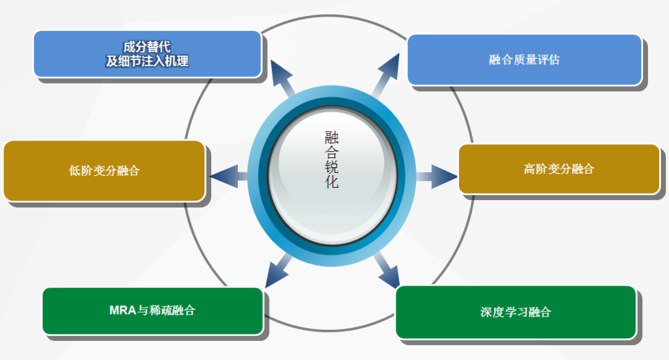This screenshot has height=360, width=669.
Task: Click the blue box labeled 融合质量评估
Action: (x=524, y=59)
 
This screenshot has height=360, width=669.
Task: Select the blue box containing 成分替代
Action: (x=147, y=54)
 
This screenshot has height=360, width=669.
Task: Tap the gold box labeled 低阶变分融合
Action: (x=104, y=171)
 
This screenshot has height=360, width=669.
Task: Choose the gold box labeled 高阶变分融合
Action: (x=559, y=169)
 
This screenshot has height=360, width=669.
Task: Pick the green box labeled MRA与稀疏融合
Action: (x=152, y=310)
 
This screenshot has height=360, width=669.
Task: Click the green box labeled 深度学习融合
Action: (x=515, y=312)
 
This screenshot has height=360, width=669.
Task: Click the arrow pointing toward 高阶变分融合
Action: (x=437, y=177)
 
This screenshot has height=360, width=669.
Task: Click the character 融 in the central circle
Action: (x=332, y=137)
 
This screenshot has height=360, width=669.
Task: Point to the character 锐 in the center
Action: (x=332, y=168)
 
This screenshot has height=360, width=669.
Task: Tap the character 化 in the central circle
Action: (x=332, y=183)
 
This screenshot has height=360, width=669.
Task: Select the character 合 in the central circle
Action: (x=332, y=152)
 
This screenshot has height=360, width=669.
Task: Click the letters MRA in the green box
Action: (x=123, y=310)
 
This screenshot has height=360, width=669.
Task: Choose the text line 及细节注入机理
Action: (x=147, y=61)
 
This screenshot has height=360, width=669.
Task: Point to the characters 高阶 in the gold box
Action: (x=535, y=169)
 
